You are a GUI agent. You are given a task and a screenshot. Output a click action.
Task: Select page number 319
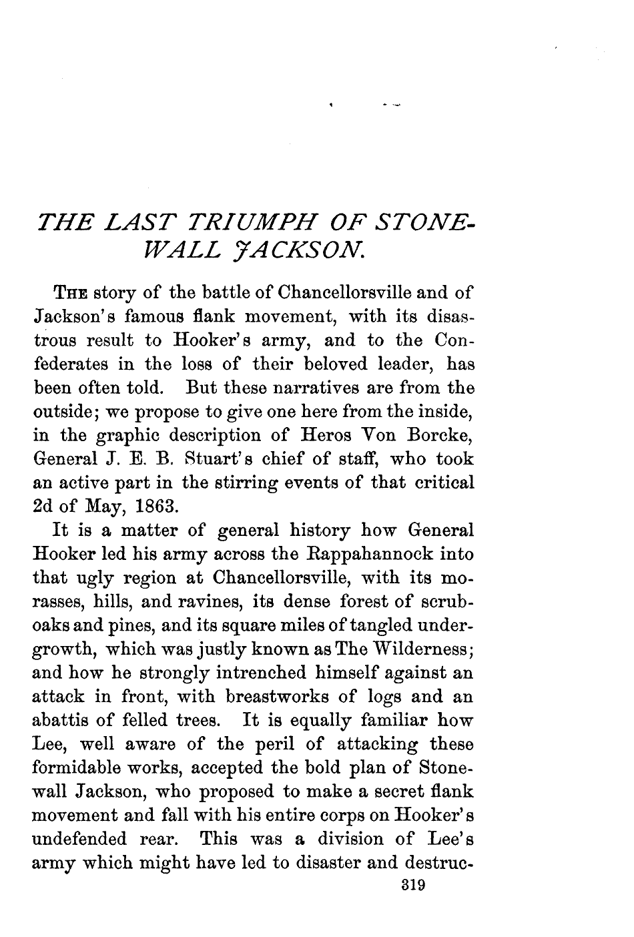(412, 886)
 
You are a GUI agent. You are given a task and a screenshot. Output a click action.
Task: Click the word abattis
(61, 721)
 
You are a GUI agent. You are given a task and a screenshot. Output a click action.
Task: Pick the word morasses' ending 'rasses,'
(61, 602)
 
